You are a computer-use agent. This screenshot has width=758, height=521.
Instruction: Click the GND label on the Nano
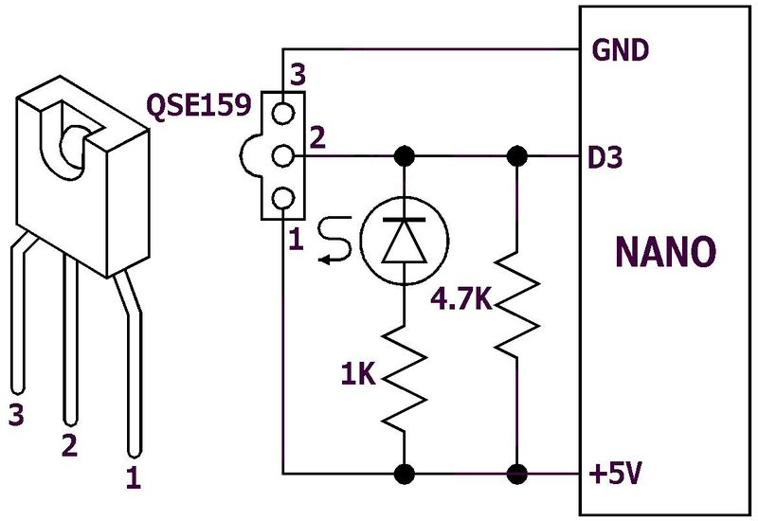tap(620, 49)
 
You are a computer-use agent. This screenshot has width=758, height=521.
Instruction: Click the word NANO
tap(665, 253)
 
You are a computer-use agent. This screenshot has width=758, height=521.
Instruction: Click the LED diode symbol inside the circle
tap(406, 240)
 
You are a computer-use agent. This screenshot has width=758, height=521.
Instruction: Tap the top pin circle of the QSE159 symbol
tap(282, 113)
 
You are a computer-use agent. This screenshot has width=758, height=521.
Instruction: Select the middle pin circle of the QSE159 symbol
tap(282, 154)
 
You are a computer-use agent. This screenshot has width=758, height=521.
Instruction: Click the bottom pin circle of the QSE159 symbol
tap(282, 197)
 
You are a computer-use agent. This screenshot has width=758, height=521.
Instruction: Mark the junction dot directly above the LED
tap(406, 154)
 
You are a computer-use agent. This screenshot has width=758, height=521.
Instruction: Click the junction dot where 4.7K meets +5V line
tap(517, 471)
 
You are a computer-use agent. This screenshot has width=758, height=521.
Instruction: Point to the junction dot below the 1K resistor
tap(406, 471)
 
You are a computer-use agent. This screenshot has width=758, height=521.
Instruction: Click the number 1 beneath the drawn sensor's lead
tap(133, 479)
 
